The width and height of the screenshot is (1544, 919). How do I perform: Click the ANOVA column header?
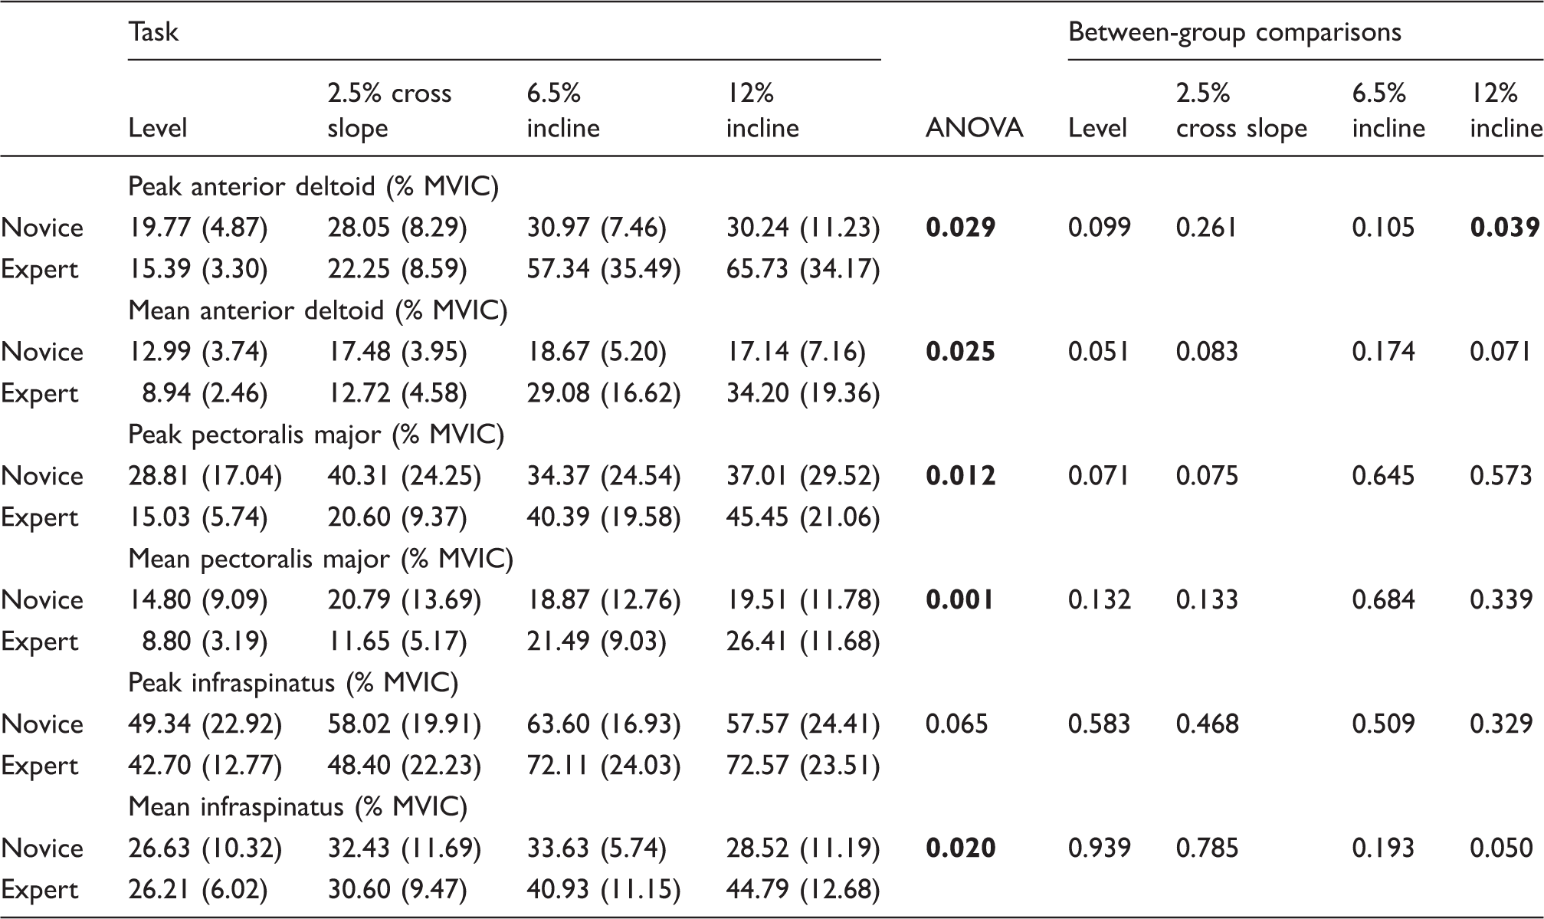[974, 128]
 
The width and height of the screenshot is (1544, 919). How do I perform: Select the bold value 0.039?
[1505, 228]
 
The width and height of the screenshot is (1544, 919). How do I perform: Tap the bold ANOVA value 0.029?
[961, 228]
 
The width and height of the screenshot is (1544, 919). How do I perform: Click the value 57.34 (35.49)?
[604, 269]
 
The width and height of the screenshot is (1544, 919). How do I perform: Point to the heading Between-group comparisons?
[1234, 32]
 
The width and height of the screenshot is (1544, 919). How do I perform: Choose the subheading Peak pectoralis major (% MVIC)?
[316, 435]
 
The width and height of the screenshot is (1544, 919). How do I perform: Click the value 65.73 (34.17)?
[803, 269]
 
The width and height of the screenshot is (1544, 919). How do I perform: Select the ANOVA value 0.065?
[957, 724]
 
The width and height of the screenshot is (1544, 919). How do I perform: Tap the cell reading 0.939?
[1100, 848]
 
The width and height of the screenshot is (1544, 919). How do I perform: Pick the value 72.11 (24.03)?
[604, 766]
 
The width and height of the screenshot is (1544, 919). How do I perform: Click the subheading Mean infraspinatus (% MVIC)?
[298, 807]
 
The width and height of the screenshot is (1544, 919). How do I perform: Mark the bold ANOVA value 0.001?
[960, 600]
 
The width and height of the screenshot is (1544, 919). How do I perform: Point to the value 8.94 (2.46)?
[205, 393]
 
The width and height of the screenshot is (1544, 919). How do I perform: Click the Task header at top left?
[153, 32]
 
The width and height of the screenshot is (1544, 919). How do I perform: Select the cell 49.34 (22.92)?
[205, 724]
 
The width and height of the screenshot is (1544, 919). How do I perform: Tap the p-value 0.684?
[1384, 600]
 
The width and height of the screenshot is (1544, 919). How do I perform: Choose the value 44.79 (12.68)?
[803, 890]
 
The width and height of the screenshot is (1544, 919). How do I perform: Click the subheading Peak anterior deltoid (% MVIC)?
[313, 187]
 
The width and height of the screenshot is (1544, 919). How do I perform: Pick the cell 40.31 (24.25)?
[405, 476]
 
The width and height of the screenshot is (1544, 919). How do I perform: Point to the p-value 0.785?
[1208, 848]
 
